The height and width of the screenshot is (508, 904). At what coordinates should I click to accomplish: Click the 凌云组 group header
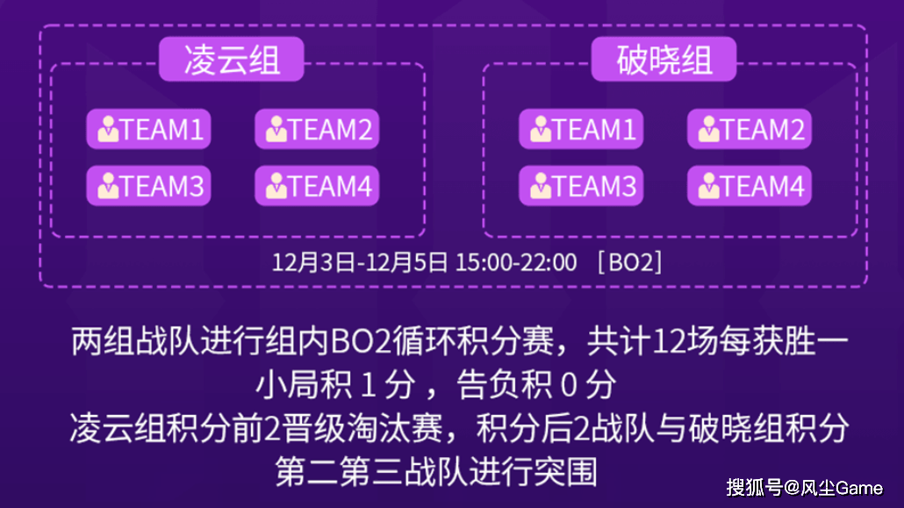click(232, 61)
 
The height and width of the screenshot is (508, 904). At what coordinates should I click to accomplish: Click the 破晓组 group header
click(664, 61)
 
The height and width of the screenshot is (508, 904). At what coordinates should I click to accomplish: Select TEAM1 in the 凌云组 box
click(148, 130)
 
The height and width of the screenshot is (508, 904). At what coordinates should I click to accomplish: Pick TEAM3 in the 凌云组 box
click(148, 186)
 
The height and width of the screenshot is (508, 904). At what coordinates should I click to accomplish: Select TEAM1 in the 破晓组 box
click(581, 130)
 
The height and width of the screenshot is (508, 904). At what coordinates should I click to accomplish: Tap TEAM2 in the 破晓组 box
click(749, 130)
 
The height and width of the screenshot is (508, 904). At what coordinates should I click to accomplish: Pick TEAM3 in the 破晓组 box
click(581, 186)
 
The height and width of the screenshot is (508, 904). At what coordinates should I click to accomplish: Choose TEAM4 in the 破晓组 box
click(749, 186)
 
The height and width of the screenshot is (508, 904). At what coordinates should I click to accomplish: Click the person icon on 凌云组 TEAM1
click(109, 130)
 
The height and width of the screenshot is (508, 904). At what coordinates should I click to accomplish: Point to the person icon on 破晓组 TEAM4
click(709, 186)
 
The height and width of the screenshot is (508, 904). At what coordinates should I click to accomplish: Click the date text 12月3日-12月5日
click(360, 261)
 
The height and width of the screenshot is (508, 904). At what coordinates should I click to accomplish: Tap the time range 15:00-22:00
click(515, 261)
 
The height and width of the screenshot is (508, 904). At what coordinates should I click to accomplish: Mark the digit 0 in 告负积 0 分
click(568, 384)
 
